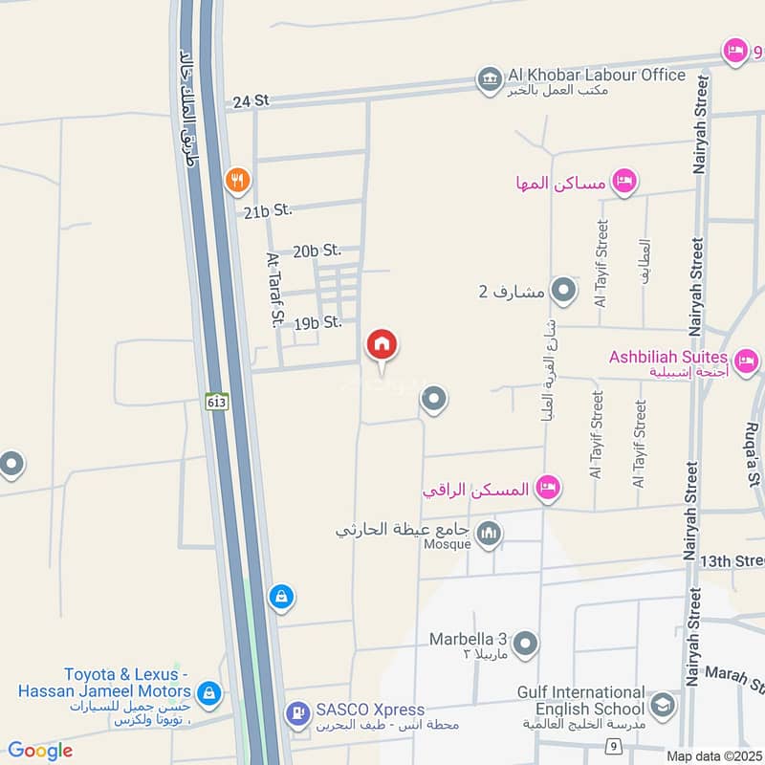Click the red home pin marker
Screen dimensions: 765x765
(382, 345)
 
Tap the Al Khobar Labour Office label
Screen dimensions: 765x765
(598, 75)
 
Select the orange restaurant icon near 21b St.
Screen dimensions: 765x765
(237, 179)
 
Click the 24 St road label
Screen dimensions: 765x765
(247, 100)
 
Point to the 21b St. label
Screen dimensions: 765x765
(267, 211)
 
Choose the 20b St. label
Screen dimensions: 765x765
(317, 251)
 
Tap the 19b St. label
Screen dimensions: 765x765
(318, 322)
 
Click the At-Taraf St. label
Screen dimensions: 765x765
(273, 290)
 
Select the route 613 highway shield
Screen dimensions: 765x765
(216, 403)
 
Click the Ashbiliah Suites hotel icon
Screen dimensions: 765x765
(748, 361)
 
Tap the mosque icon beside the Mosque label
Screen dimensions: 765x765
(489, 534)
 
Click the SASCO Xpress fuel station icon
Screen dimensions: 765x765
(298, 711)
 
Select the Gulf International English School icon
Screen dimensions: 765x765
(661, 707)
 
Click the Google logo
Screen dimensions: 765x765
(40, 751)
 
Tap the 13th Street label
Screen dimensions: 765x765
(732, 560)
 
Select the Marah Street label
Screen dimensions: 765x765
(735, 680)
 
